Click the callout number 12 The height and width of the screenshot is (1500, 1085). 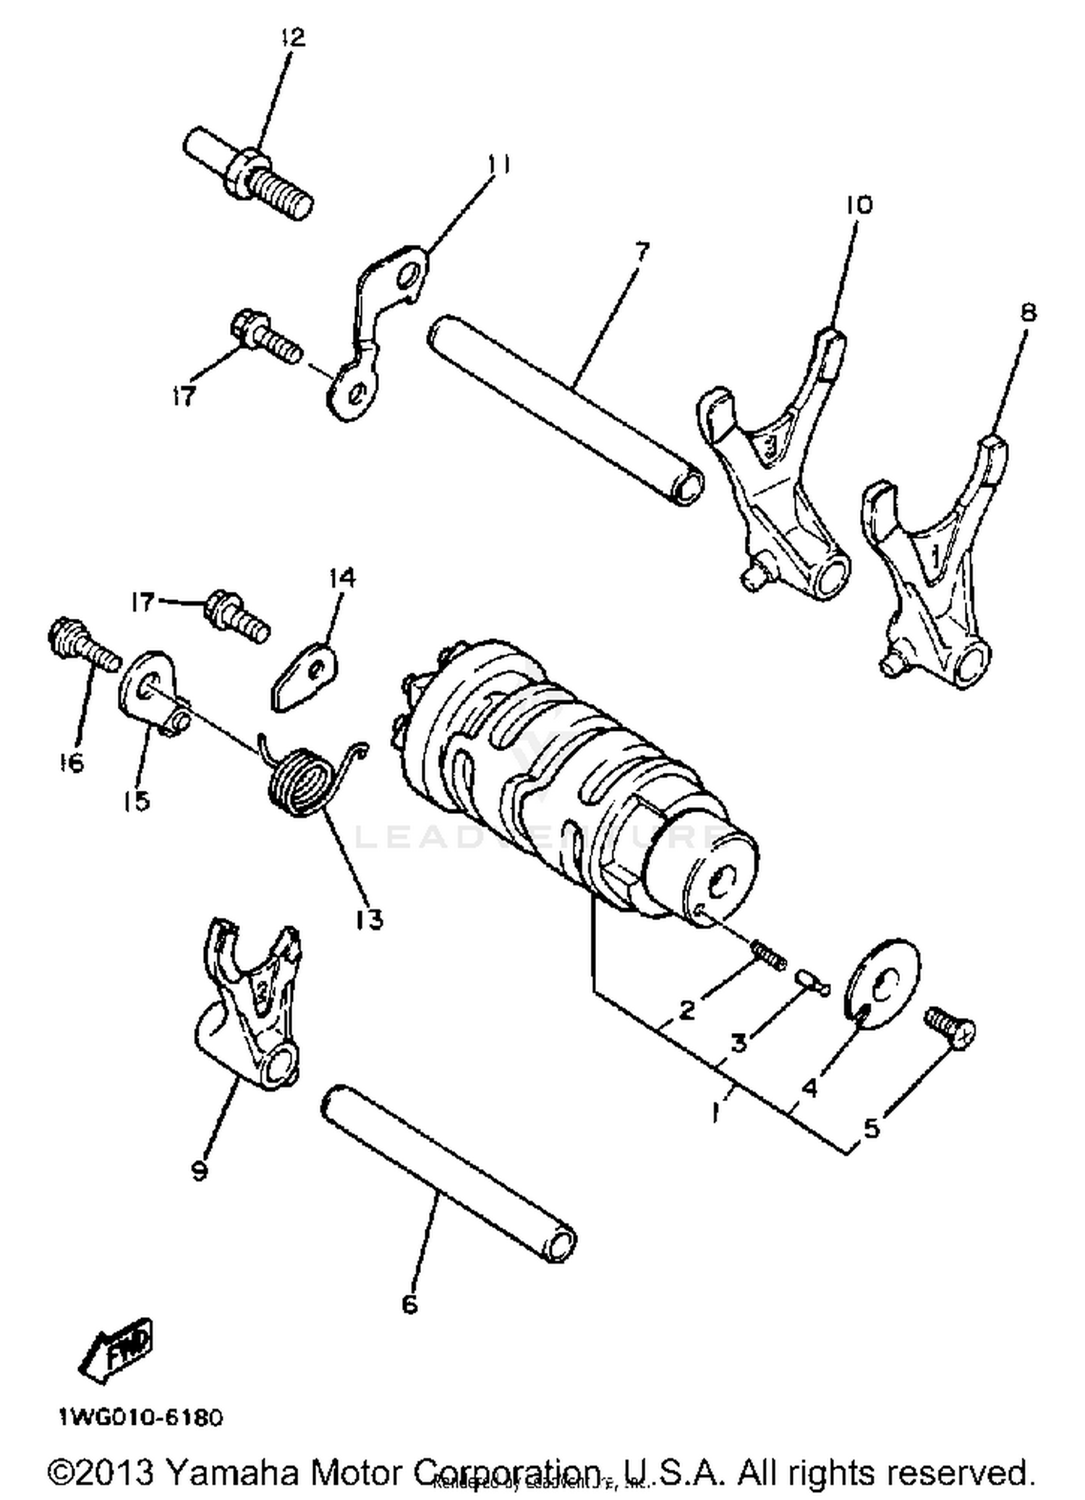click(293, 38)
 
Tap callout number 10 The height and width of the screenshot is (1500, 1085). click(859, 205)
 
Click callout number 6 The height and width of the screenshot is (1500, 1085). click(409, 1305)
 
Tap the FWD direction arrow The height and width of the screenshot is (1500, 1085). click(116, 1350)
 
